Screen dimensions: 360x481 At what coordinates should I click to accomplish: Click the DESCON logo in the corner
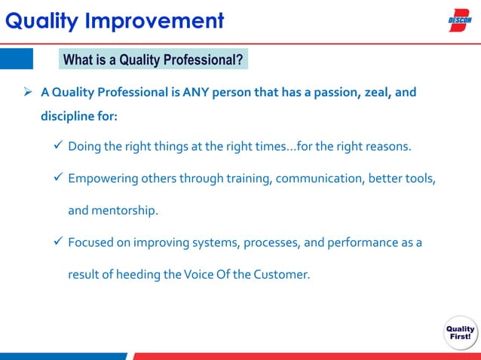[x=460, y=20]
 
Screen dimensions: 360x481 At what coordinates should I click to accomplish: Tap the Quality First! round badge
[x=460, y=332]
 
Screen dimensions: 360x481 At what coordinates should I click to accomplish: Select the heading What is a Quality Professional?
[x=153, y=59]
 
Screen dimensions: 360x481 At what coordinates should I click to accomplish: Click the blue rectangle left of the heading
[x=17, y=59]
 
